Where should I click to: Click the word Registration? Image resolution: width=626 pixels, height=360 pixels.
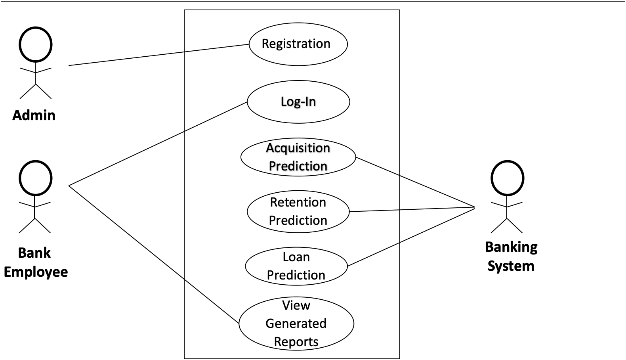point(296,44)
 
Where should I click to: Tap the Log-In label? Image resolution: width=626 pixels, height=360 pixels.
point(298,101)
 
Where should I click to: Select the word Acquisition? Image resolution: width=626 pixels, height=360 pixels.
point(298,148)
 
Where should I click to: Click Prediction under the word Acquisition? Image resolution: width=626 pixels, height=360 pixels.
point(298,166)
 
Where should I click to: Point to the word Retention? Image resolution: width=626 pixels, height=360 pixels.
point(298,202)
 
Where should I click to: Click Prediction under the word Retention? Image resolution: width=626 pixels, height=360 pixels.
point(298,220)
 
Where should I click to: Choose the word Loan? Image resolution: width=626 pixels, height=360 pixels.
point(296,257)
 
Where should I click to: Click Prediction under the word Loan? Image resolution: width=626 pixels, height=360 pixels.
point(296,275)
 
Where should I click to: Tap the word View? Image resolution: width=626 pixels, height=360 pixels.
point(296,305)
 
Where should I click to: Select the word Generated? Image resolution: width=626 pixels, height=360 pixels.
point(296,324)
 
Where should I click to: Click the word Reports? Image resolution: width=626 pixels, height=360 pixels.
point(296,342)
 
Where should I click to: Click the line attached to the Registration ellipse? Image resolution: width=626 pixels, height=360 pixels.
point(217,48)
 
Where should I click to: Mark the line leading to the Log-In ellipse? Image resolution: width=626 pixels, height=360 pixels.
point(216,117)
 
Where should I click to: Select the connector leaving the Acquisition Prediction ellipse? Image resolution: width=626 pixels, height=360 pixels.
point(378,166)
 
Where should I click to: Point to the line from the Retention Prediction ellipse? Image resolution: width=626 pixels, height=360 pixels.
point(374,211)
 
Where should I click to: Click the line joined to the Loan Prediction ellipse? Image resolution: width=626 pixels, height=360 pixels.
point(373,255)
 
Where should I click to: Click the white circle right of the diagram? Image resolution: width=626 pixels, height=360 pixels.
point(507,178)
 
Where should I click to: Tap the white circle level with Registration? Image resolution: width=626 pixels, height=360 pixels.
point(36,44)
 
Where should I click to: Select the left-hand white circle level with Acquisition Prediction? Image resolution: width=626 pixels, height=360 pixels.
point(36,178)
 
